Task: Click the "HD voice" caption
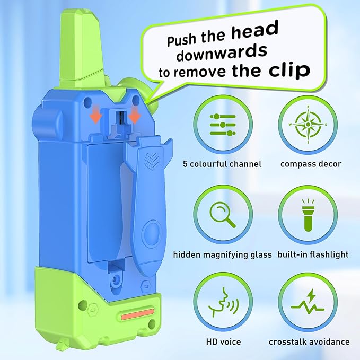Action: [x=223, y=342]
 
